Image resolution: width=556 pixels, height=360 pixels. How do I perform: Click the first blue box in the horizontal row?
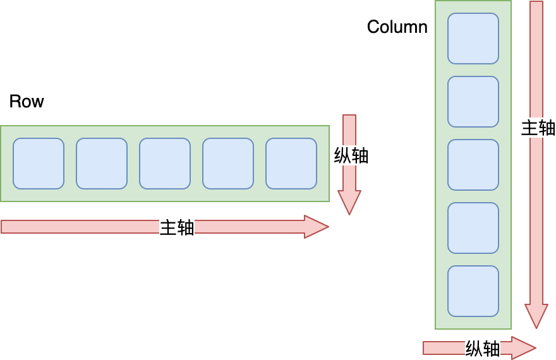pos(39,164)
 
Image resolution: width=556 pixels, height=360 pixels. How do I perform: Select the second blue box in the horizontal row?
pos(102,164)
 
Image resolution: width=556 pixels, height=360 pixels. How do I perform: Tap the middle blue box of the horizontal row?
pos(165,164)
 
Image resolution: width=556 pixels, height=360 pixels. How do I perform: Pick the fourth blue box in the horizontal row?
pos(228,164)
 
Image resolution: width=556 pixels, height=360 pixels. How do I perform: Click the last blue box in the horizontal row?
pos(291,164)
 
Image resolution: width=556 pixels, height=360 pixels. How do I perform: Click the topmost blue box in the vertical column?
pos(473,39)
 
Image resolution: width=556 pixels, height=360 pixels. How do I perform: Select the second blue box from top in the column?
pos(473,102)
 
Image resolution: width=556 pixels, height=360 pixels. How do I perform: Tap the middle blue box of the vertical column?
pos(473,165)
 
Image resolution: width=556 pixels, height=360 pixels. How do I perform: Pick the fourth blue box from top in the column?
pos(473,228)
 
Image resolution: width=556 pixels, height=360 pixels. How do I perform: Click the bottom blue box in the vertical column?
pos(473,291)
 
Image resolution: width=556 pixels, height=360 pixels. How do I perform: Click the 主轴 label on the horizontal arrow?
pos(177,227)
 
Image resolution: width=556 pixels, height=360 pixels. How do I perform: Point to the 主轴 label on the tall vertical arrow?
pos(538,128)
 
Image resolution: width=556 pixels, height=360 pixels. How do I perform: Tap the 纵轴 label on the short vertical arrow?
pos(351,155)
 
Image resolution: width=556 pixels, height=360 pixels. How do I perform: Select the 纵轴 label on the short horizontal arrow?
pos(483,349)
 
